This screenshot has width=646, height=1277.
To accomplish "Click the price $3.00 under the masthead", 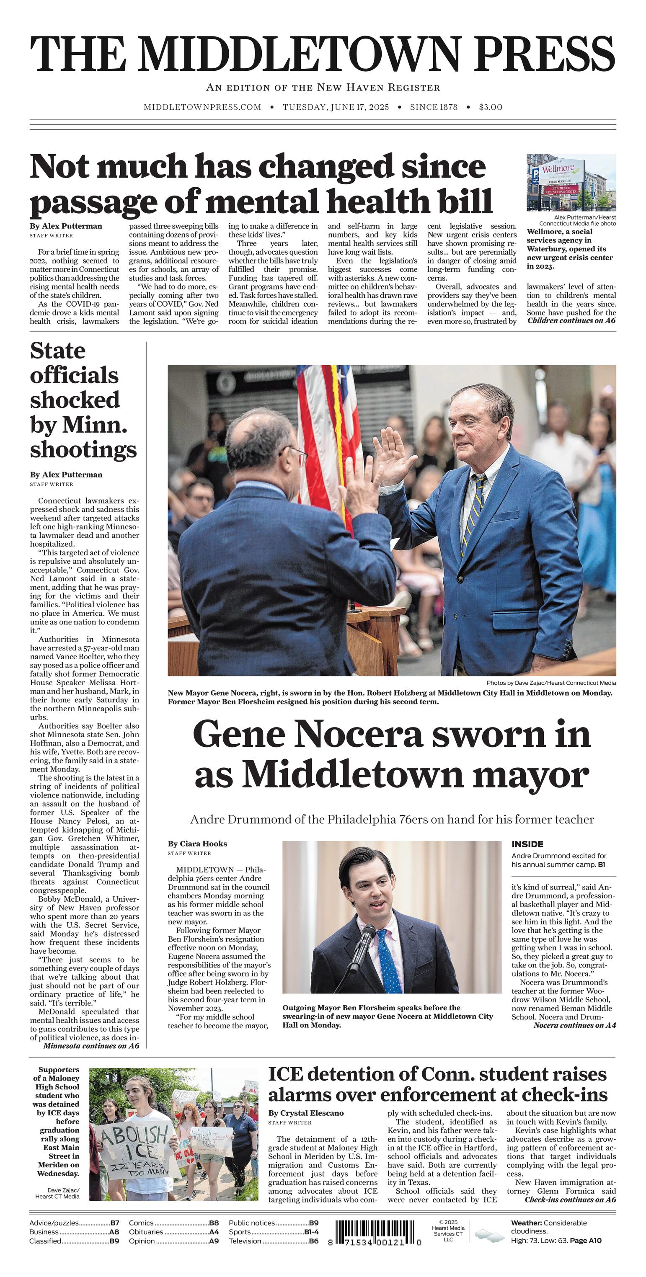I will point(490,107).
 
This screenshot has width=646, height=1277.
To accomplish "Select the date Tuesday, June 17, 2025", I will point(336,107).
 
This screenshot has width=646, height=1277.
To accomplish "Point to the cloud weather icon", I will point(489,1235).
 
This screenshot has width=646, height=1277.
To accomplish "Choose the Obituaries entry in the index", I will point(173,1232).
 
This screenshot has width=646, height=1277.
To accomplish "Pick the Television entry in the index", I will point(273,1241).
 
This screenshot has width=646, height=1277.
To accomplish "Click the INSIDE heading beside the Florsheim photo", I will point(527,844).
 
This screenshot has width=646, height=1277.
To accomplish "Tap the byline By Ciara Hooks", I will point(197,844).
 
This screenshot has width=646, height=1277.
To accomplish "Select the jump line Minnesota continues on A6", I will point(91,1046).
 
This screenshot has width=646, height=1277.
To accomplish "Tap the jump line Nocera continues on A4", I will point(574,1025).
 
